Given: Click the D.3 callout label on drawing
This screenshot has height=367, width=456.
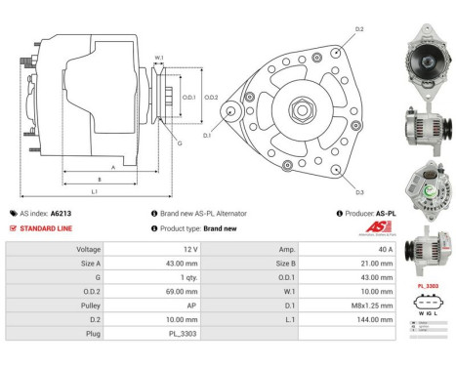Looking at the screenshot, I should (360, 192).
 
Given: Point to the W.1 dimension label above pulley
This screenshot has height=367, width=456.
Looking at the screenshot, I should (158, 59).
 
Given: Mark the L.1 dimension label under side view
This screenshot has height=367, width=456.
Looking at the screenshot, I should (94, 191).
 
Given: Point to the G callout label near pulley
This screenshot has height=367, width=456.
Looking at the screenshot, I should (179, 143).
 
